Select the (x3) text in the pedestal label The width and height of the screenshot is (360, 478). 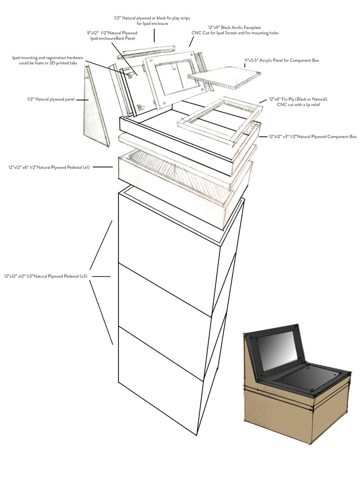click(83, 277)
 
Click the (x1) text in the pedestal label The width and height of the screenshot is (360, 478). click(85, 167)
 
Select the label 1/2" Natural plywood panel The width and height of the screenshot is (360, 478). click(50, 100)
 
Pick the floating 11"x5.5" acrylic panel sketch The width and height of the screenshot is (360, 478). click(223, 77)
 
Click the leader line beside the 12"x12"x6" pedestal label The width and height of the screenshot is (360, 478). click(103, 167)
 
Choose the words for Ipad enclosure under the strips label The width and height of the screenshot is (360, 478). click(153, 23)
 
